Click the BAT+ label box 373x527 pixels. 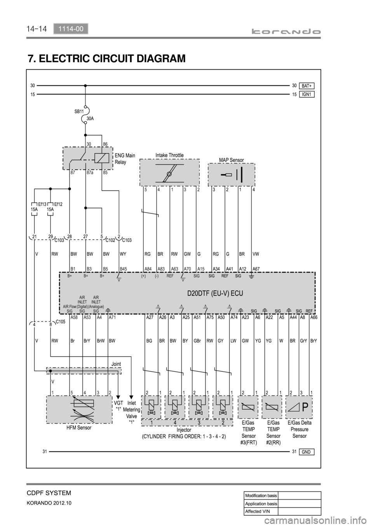pyautogui.click(x=307, y=85)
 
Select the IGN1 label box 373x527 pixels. pyautogui.click(x=307, y=94)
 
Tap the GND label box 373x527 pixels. pyautogui.click(x=307, y=452)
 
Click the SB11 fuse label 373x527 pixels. pyautogui.click(x=79, y=111)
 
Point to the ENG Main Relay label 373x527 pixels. pyautogui.click(x=125, y=159)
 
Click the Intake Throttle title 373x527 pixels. pyautogui.click(x=169, y=155)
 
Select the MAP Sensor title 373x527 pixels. pyautogui.click(x=231, y=160)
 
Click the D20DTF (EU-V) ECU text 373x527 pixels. pyautogui.click(x=215, y=293)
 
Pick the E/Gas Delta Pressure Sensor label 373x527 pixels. pyautogui.click(x=300, y=429)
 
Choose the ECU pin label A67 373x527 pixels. pyautogui.click(x=256, y=268)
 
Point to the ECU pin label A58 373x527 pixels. pyautogui.click(x=74, y=317)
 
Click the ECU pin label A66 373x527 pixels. pyautogui.click(x=314, y=317)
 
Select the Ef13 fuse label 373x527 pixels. pyautogui.click(x=42, y=204)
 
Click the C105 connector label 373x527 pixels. pyautogui.click(x=60, y=321)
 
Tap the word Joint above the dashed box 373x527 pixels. pyautogui.click(x=116, y=364)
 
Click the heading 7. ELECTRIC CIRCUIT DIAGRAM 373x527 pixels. pyautogui.click(x=106, y=59)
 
